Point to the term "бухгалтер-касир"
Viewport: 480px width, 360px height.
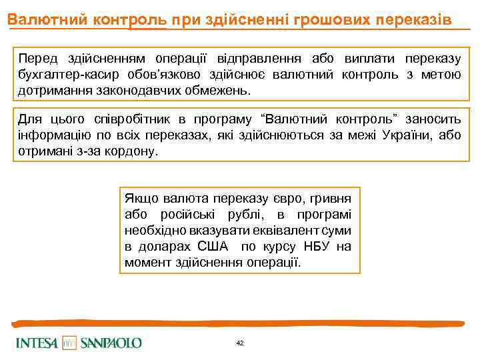(x=62, y=74)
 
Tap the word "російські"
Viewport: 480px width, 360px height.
(x=187, y=215)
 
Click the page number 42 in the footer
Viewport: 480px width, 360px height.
(x=240, y=343)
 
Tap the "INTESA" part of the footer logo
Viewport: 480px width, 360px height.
(x=37, y=343)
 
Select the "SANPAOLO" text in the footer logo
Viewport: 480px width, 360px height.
(x=111, y=343)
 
